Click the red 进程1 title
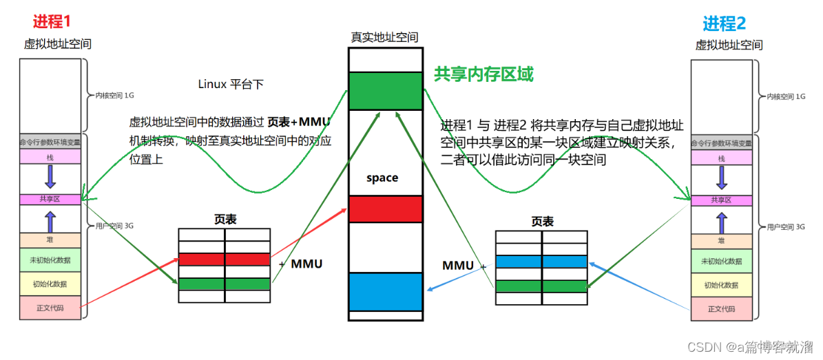click(x=52, y=21)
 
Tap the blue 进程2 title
click(x=724, y=23)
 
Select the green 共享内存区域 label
click(x=483, y=74)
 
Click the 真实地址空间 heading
click(x=384, y=37)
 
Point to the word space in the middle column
click(x=382, y=178)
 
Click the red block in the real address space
click(x=385, y=209)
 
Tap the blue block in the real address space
click(x=385, y=293)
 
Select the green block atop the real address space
click(x=385, y=91)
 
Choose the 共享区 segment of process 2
click(x=721, y=200)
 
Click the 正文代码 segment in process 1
click(x=49, y=307)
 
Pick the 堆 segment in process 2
click(x=721, y=241)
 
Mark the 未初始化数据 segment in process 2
click(x=721, y=262)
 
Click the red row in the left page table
click(x=224, y=260)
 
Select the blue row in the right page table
click(x=541, y=262)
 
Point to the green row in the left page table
click(x=224, y=284)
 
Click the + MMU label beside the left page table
click(x=300, y=264)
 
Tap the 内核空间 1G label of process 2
click(x=786, y=97)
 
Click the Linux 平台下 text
click(x=231, y=84)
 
